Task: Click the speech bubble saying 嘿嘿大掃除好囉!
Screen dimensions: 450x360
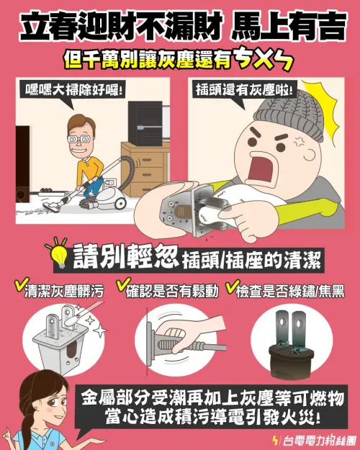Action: point(73,91)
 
